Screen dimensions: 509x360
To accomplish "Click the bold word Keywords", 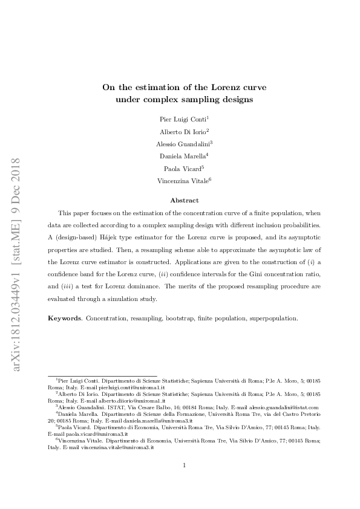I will click(64, 318).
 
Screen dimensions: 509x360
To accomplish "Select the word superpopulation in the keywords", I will click(276, 318).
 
